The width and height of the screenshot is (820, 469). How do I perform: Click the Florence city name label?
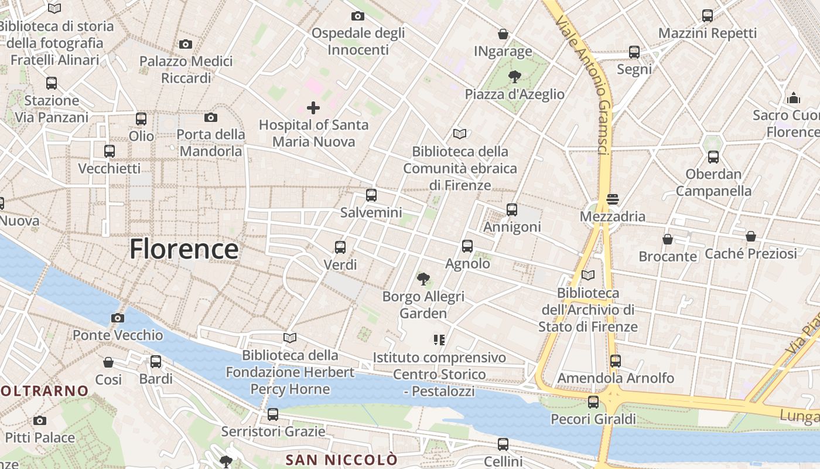pyautogui.click(x=184, y=249)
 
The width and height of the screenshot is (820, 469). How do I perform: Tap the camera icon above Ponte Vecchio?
pyautogui.click(x=117, y=318)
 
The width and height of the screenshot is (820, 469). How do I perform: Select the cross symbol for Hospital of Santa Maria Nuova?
pyautogui.click(x=313, y=108)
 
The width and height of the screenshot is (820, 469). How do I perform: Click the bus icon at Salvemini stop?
pyautogui.click(x=371, y=195)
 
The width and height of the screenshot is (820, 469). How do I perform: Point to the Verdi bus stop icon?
pyautogui.click(x=340, y=247)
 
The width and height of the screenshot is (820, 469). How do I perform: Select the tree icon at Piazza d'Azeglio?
pyautogui.click(x=515, y=76)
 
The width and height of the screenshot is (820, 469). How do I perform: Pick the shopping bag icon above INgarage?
pyautogui.click(x=503, y=34)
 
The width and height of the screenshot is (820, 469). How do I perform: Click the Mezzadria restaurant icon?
pyautogui.click(x=613, y=199)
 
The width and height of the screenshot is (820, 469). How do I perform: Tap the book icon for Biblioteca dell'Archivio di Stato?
pyautogui.click(x=588, y=275)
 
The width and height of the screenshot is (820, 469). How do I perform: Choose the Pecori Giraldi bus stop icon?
pyautogui.click(x=593, y=402)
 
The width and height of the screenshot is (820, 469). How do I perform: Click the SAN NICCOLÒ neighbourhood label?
pyautogui.click(x=341, y=460)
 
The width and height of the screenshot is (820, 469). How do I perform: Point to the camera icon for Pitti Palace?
pyautogui.click(x=40, y=420)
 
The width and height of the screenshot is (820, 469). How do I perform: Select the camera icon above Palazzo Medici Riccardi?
pyautogui.click(x=186, y=44)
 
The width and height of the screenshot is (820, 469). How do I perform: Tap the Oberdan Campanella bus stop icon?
pyautogui.click(x=713, y=157)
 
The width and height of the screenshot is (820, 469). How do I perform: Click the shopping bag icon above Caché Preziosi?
pyautogui.click(x=750, y=236)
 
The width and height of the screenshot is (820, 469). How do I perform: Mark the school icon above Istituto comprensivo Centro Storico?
pyautogui.click(x=439, y=339)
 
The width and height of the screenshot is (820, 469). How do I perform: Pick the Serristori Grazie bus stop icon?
pyautogui.click(x=272, y=414)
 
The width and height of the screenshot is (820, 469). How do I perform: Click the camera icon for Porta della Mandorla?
pyautogui.click(x=211, y=117)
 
